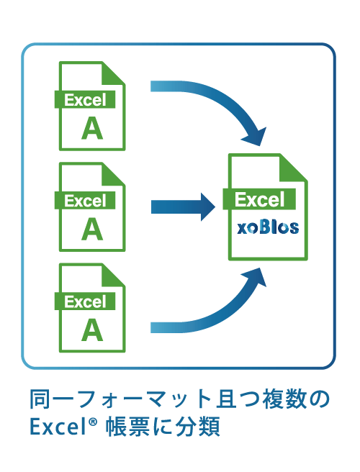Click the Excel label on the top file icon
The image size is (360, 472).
85,100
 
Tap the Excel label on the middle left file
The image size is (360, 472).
85,201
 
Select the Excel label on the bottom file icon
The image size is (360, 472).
85,301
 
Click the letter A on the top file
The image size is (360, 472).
92,128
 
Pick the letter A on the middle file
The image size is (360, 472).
92,229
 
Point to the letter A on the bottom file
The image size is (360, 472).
92,330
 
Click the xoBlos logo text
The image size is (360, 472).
268,227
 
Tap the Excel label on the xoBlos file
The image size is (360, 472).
259,199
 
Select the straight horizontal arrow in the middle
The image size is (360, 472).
183,207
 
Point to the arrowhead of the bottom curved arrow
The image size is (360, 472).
255,277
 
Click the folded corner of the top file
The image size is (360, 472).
113,73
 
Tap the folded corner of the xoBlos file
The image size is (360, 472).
293,168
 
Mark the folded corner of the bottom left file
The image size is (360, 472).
113,275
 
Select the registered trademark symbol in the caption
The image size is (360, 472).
93,422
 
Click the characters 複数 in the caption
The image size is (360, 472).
285,399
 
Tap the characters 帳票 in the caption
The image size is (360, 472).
127,426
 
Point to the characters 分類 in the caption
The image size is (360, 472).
198,426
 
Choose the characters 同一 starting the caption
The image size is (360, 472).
52,399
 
